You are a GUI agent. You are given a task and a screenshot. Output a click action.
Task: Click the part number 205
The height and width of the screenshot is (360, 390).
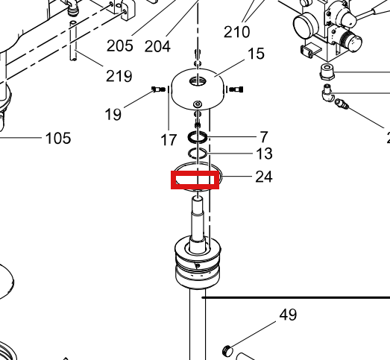pyautogui.click(x=120, y=45)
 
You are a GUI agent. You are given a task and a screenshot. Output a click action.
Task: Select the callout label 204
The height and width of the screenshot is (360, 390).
pyautogui.click(x=157, y=46)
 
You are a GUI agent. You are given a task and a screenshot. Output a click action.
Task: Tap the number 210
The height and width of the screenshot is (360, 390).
pyautogui.click(x=237, y=32)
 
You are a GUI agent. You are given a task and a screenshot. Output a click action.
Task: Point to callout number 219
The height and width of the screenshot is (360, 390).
pyautogui.click(x=119, y=76)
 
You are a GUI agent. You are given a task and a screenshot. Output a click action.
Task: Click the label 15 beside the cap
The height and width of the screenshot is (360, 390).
pyautogui.click(x=256, y=54)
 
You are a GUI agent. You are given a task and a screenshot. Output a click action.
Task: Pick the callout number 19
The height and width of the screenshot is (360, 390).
pyautogui.click(x=113, y=114)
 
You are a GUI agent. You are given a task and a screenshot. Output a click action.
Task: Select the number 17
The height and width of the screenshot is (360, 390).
pyautogui.click(x=169, y=139)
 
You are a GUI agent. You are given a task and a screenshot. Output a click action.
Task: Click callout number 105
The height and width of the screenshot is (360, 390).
pyautogui.click(x=58, y=138)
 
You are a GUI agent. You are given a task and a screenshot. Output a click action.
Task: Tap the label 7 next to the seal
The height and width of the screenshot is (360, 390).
pyautogui.click(x=264, y=137)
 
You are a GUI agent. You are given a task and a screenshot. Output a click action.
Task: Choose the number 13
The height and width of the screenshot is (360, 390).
pyautogui.click(x=264, y=154)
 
